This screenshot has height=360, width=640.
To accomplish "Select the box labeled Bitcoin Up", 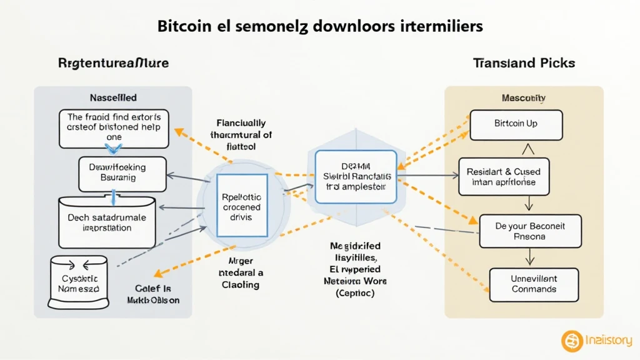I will (516, 124).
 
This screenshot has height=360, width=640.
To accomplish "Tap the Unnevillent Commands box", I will (534, 284).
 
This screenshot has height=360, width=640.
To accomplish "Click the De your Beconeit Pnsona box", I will (529, 231).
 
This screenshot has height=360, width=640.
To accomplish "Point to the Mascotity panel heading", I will (524, 99).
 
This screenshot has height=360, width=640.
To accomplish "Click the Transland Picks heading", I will (524, 63).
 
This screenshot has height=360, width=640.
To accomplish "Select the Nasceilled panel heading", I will (113, 98).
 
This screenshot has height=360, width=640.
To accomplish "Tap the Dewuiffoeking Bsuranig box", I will (122, 173).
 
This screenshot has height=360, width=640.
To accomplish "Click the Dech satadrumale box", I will (107, 222).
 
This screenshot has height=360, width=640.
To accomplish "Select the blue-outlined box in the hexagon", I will (356, 177).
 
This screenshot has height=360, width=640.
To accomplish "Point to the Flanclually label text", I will (241, 124).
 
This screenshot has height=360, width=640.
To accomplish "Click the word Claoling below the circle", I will (241, 284).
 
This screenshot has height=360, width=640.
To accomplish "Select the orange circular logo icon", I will (572, 341).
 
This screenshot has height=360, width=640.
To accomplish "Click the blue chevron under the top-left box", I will (112, 147).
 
